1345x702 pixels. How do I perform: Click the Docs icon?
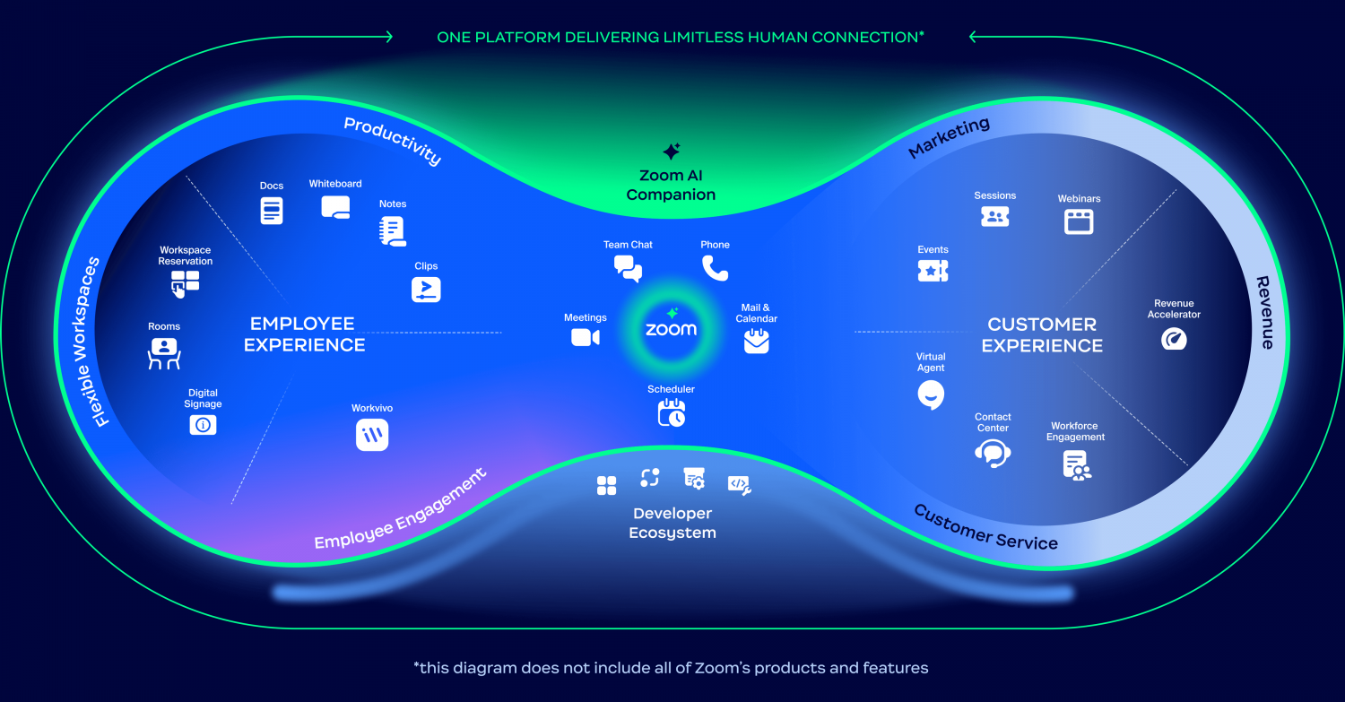click(x=272, y=211)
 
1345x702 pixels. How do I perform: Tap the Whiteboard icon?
click(x=335, y=208)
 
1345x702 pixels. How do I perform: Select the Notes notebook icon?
click(x=393, y=231)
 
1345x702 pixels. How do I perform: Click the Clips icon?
click(x=426, y=290)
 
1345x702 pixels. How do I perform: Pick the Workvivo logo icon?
click(x=372, y=435)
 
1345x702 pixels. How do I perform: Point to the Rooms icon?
click(x=164, y=352)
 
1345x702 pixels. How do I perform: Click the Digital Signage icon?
click(x=203, y=425)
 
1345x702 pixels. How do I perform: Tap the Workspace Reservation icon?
click(x=185, y=284)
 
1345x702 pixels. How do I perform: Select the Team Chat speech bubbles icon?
click(x=628, y=268)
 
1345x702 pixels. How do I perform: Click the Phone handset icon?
click(x=715, y=268)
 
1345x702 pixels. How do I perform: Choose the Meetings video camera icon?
click(x=585, y=337)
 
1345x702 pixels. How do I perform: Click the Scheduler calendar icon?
click(x=672, y=412)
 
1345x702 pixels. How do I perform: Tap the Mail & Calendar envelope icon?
click(x=757, y=341)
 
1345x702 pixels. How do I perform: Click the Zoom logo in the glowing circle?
click(x=671, y=329)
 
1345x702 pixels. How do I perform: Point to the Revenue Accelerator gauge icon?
click(x=1174, y=338)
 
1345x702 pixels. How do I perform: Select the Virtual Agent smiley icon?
click(x=931, y=394)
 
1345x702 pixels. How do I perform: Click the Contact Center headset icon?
click(x=993, y=453)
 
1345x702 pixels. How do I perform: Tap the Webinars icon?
click(x=1079, y=221)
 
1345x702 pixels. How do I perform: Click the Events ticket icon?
click(x=933, y=270)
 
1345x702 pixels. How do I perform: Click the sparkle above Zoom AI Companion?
click(x=672, y=151)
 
